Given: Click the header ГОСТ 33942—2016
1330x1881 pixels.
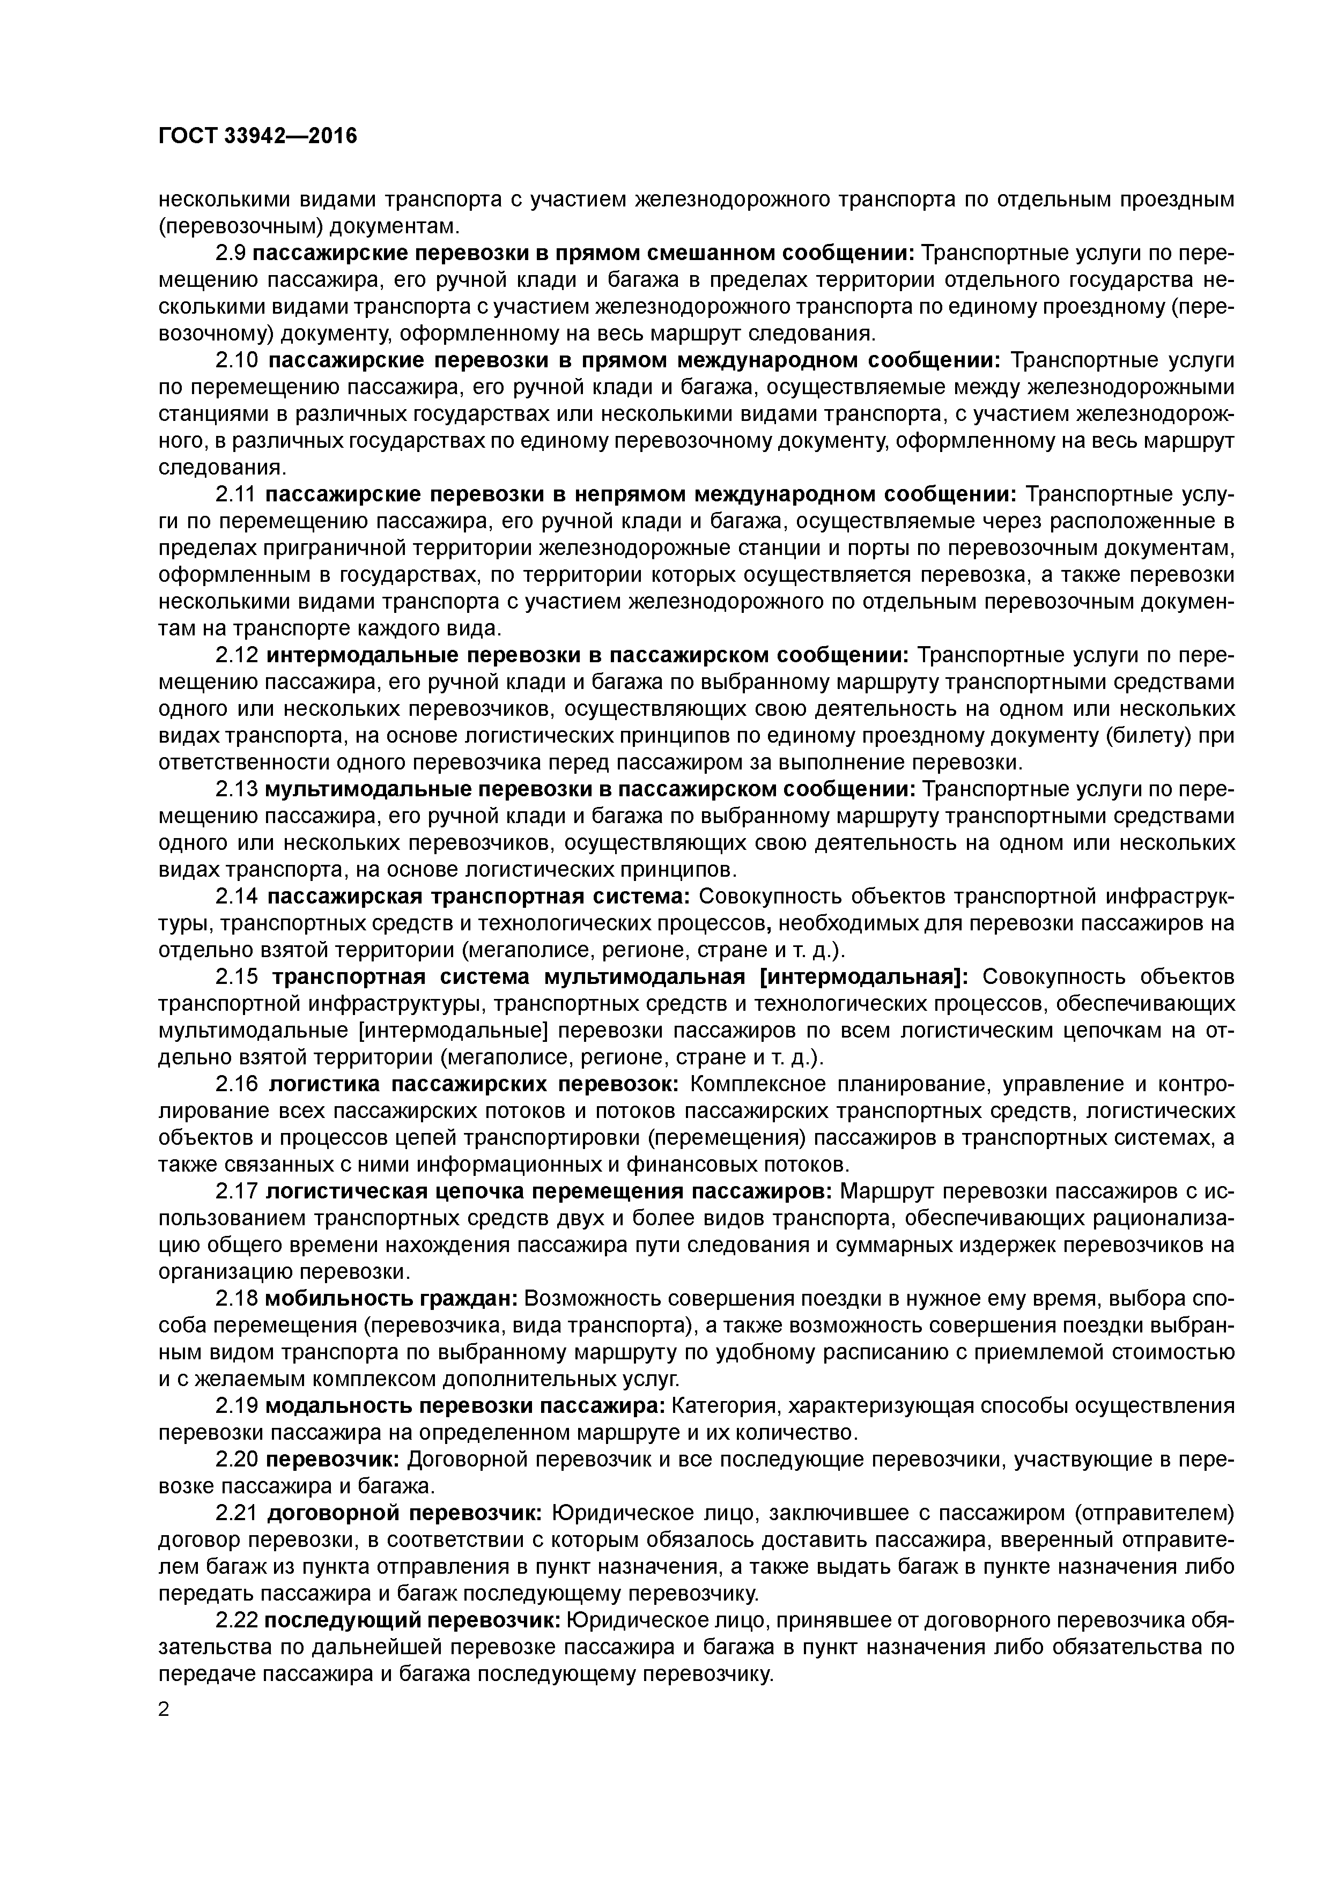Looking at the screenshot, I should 257,136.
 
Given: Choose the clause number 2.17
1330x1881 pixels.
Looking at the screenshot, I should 236,1192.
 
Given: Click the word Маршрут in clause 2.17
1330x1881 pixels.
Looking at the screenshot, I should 885,1192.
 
